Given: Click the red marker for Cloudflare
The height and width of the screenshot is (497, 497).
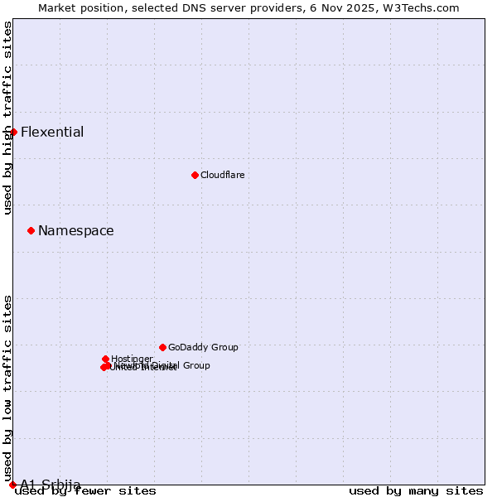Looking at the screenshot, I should tap(195, 175).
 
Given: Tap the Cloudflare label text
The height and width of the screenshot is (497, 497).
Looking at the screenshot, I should tap(222, 175).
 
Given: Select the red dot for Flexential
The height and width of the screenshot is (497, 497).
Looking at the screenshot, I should tap(13, 132).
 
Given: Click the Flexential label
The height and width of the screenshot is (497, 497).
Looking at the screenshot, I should tap(52, 133).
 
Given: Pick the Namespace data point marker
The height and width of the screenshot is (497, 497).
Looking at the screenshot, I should tap(31, 230).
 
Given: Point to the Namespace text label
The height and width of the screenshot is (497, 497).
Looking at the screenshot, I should tap(76, 231).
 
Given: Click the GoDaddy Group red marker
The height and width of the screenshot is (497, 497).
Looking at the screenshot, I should tap(162, 347).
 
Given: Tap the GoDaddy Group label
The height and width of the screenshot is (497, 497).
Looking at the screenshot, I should tap(203, 347).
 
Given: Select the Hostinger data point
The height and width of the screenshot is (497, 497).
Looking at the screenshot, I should tap(106, 359).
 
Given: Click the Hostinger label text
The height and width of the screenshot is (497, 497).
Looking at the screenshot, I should tap(132, 359).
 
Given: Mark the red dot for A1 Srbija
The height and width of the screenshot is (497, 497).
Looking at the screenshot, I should tap(12, 485).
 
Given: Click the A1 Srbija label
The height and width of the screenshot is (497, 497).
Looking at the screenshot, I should tap(51, 485).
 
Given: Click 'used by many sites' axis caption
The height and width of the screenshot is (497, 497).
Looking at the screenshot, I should tap(416, 490).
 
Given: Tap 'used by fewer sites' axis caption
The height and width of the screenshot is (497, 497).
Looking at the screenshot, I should tap(86, 490).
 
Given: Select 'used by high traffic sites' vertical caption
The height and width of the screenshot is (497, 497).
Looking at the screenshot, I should tap(7, 118).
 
